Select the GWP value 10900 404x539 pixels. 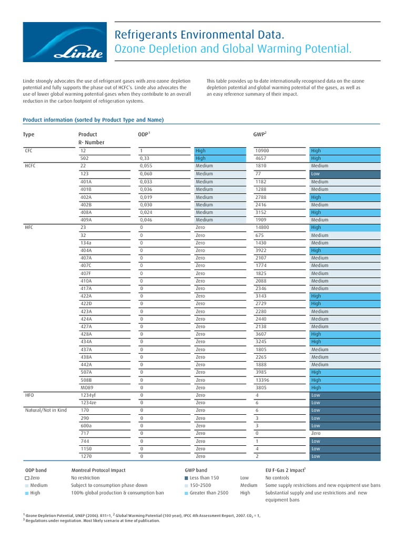262,151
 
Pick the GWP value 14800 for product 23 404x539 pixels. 262,227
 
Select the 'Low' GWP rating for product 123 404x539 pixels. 316,174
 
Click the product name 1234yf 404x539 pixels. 88,395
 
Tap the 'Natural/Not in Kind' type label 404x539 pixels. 46,410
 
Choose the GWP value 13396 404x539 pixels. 262,380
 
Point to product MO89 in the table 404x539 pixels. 86,387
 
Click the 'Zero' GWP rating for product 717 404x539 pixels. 316,433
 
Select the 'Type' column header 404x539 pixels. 28,134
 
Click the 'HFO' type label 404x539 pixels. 29,395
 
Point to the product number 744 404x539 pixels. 84,441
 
